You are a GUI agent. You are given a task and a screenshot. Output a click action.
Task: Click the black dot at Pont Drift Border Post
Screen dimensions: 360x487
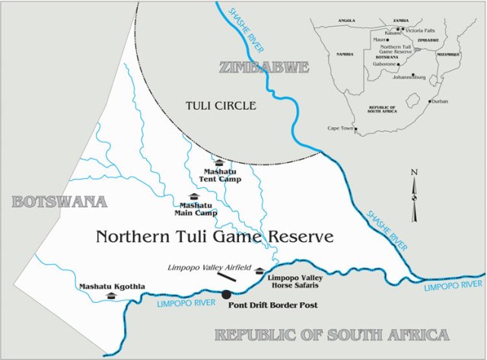226,294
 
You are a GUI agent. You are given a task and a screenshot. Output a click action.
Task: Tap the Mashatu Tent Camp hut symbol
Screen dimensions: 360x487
218,161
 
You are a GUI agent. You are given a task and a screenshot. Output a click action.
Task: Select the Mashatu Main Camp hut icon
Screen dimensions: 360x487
197,196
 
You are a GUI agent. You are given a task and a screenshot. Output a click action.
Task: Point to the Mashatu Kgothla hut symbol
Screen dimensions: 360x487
111,295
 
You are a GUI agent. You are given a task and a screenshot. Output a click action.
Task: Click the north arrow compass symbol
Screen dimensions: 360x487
414,196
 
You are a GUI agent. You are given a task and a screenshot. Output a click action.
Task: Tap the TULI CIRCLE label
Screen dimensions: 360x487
221,105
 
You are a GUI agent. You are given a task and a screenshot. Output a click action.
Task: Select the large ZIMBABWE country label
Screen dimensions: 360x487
264,68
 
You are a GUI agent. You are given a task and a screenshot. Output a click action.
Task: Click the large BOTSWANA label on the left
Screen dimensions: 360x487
57,202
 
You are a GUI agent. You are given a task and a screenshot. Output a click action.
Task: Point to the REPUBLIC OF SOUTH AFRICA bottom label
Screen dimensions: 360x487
331,334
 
